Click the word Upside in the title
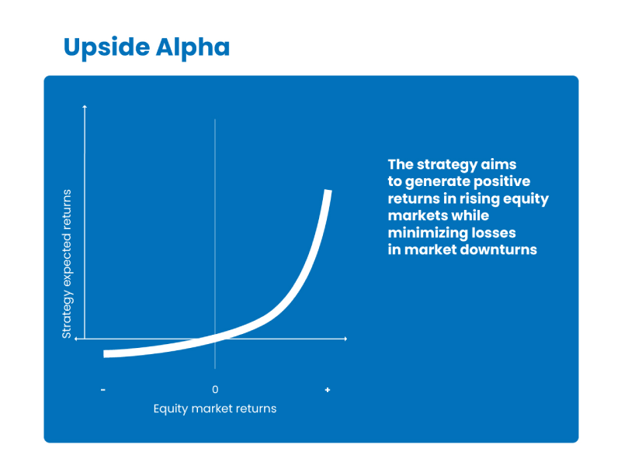click(106, 47)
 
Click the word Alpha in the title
click(193, 47)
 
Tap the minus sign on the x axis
click(103, 390)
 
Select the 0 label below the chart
click(215, 390)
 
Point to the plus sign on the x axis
click(328, 390)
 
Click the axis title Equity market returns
click(215, 408)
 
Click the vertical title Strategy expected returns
click(67, 263)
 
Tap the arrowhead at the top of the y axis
click(85, 106)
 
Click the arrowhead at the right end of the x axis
click(345, 339)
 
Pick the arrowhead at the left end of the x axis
click(76, 339)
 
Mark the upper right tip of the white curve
click(328, 191)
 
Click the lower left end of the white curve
click(104, 354)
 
